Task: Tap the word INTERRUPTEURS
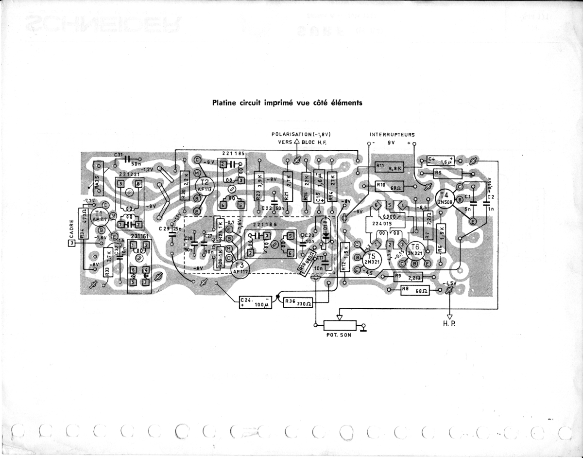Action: click(392, 134)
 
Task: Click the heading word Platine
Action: click(223, 103)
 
